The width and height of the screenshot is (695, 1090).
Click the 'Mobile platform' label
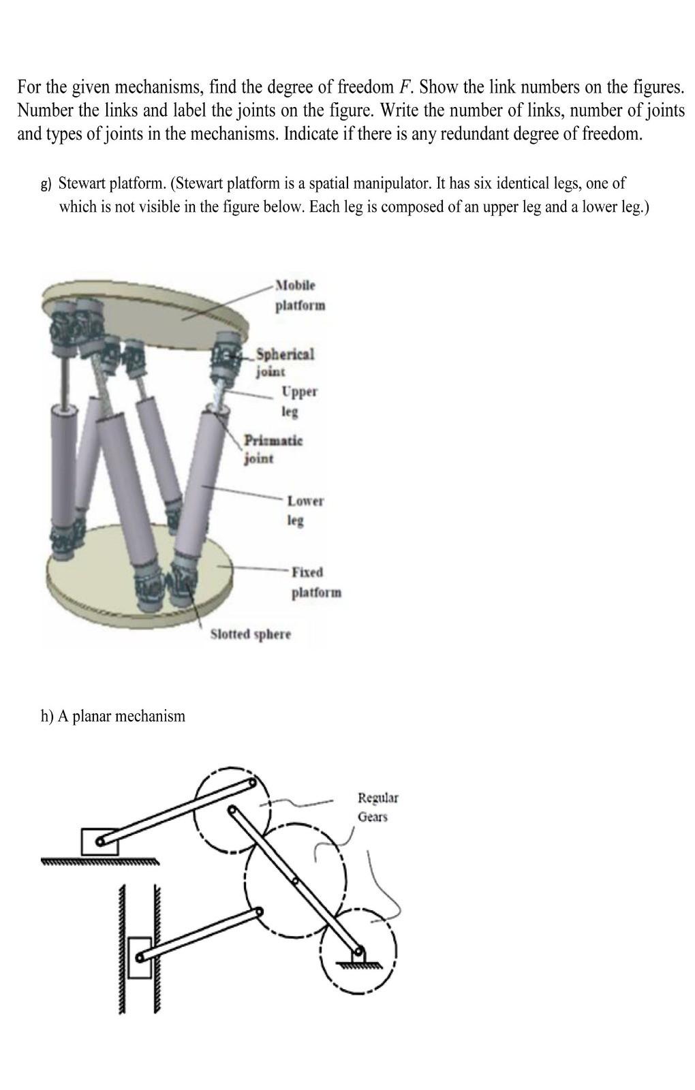click(x=300, y=294)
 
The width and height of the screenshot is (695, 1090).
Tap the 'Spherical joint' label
click(x=284, y=362)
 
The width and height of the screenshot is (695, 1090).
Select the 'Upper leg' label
click(x=298, y=401)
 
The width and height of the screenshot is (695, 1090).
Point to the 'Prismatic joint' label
click(x=273, y=448)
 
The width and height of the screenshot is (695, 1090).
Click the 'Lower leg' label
click(x=304, y=510)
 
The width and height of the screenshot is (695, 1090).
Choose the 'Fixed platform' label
click(x=315, y=582)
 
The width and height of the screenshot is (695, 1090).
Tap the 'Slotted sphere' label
click(x=250, y=634)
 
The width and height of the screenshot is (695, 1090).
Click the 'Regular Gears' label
click(x=377, y=807)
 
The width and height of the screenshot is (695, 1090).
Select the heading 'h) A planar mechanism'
click(x=112, y=716)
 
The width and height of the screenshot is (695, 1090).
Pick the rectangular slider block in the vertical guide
click(x=139, y=957)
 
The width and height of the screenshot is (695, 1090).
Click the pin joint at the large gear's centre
click(x=295, y=881)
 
